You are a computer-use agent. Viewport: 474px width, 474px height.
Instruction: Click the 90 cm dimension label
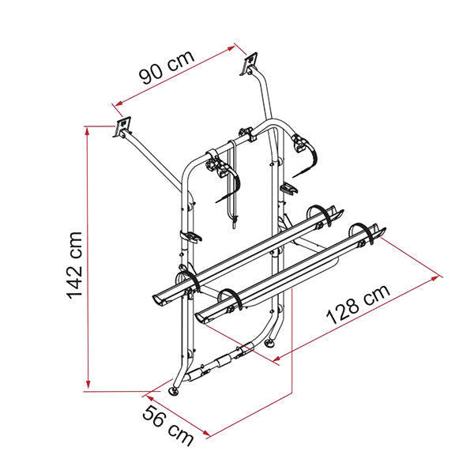[167, 67]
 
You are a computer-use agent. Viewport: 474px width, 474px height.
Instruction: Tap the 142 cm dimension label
[74, 265]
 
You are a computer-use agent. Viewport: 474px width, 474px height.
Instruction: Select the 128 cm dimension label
[359, 304]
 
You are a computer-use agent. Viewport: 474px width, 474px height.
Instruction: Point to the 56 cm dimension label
[168, 427]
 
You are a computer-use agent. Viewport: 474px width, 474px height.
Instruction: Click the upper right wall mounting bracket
[249, 63]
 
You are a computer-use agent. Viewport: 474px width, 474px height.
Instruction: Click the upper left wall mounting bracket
[122, 127]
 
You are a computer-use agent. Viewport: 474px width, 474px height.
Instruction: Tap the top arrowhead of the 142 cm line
[88, 130]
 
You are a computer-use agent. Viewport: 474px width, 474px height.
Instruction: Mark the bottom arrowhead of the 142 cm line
[88, 385]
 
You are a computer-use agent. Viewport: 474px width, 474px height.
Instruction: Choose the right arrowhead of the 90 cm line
[231, 48]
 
